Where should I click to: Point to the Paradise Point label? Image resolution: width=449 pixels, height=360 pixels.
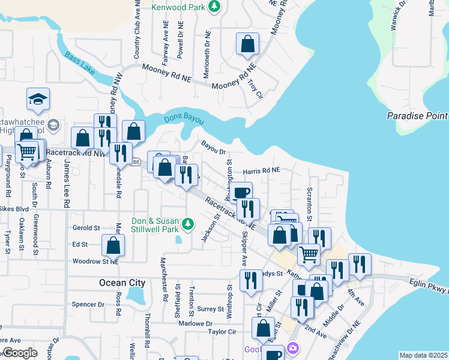tap(417, 116)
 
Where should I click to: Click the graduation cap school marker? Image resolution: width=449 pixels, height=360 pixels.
tap(38, 100)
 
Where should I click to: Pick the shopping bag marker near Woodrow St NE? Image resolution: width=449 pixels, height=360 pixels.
tap(113, 245)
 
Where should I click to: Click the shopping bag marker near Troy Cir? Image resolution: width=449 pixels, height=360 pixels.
tap(247, 44)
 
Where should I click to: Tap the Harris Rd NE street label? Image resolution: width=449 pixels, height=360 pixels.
tap(261, 171)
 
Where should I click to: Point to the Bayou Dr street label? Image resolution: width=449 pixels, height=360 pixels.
tap(213, 148)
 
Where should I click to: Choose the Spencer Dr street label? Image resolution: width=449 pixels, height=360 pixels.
tap(88, 304)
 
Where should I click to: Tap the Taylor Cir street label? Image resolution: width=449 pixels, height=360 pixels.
tap(221, 331)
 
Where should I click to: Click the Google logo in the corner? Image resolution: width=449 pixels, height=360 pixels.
tap(20, 353)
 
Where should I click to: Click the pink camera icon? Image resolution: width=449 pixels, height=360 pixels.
tap(293, 348)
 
